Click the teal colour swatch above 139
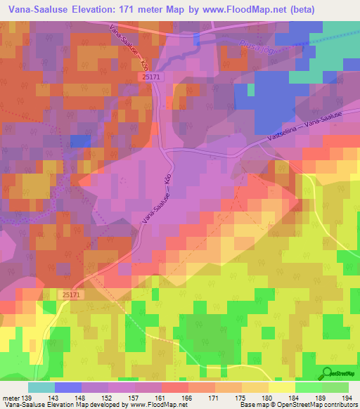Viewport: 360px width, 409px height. (41, 387)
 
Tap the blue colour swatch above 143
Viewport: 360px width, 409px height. (68, 387)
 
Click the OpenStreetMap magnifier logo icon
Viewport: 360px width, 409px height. (326, 373)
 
